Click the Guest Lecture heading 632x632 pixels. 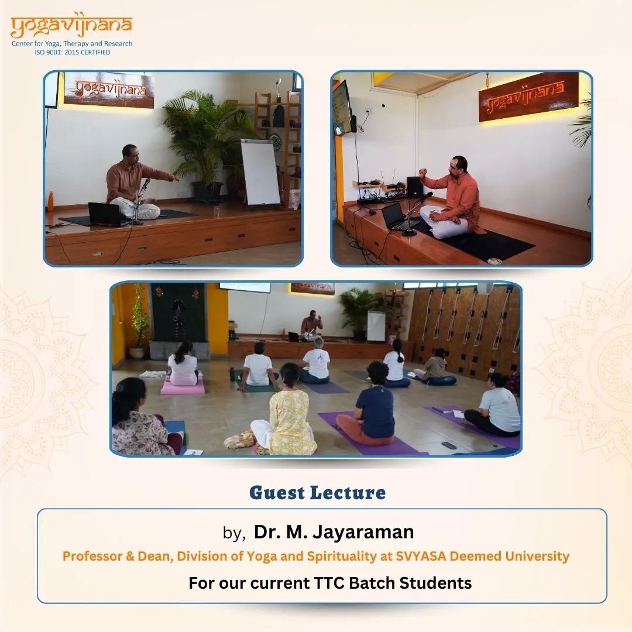coord(317,493)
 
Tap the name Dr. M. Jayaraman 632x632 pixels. coord(334,531)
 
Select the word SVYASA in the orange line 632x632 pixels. coord(421,556)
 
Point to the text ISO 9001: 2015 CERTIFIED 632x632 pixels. coord(72,52)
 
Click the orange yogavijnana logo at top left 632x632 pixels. coord(71,27)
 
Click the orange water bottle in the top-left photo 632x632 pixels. coord(50,201)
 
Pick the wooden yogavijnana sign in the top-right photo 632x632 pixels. coord(528,97)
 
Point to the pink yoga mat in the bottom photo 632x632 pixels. coord(183,386)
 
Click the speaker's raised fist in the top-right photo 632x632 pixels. coord(423,173)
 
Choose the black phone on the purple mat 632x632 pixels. coord(449,445)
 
